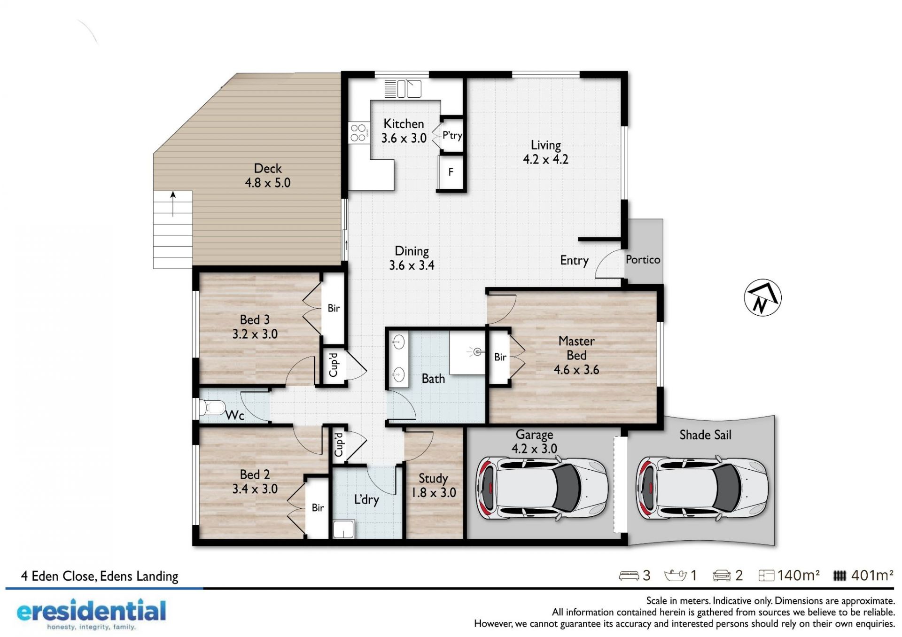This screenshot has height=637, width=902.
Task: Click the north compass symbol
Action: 762,298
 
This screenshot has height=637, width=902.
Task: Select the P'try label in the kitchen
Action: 452,135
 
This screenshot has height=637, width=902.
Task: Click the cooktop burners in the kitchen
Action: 358,133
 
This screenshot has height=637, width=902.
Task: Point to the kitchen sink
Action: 403,88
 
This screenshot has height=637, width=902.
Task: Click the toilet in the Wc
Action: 212,407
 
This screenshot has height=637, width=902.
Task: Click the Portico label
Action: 643,260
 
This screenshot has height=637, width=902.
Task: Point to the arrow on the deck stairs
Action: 173,204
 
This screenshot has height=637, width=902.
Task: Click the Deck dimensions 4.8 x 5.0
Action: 268,183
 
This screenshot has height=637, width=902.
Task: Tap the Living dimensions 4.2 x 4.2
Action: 545,159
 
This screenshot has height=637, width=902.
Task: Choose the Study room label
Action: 433,479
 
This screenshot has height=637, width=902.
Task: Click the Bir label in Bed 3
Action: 334,308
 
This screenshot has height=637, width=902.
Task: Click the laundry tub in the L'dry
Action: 343,529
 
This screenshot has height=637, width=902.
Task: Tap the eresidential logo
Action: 91,614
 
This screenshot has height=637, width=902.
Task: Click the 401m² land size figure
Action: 872,575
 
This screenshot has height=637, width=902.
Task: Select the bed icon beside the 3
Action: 629,576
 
